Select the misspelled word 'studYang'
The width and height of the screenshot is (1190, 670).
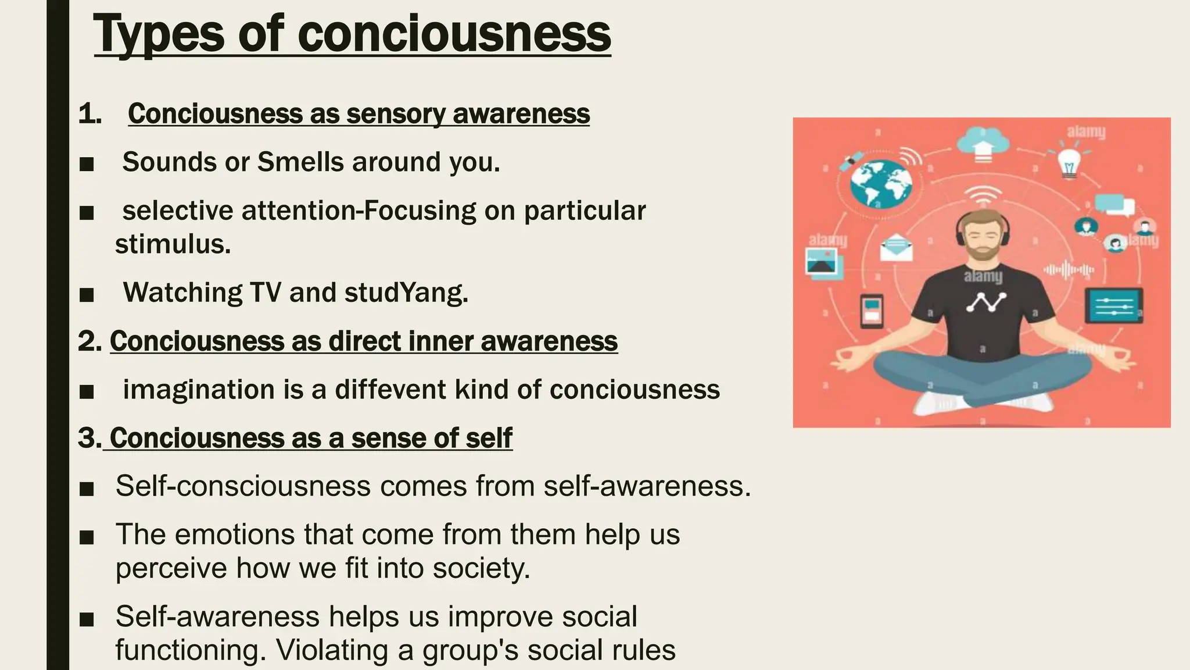coord(406,292)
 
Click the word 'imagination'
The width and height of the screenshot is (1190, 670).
coord(199,390)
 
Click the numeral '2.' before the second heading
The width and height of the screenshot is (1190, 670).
coord(90,341)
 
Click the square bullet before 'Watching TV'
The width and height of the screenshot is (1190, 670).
coord(87,294)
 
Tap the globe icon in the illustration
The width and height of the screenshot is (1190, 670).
coord(880,183)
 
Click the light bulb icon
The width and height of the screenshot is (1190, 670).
coord(1069,162)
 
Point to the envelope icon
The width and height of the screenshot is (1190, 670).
coord(896,247)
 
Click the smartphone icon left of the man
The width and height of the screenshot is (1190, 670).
coord(871,311)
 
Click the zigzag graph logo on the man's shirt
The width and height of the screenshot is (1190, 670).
coord(985,302)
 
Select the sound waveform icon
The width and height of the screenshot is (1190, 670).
coord(1069,270)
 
